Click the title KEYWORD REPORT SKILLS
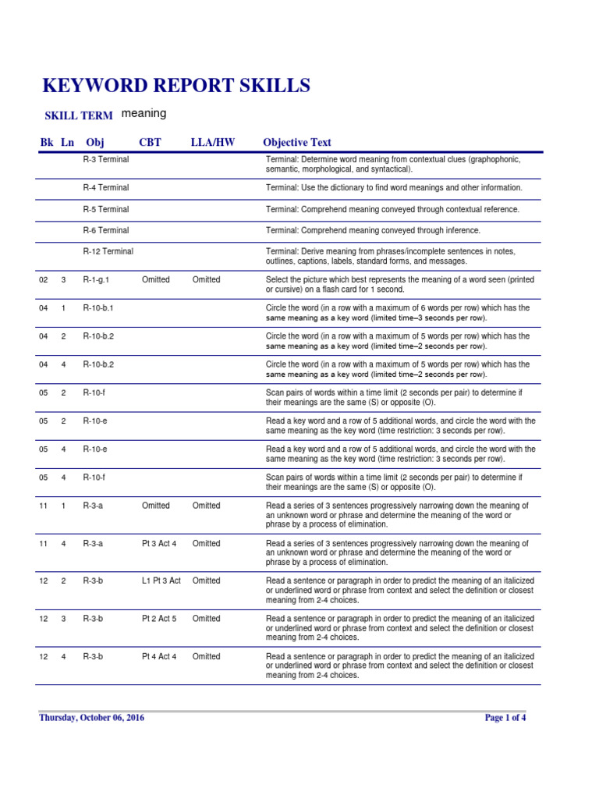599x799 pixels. [175, 86]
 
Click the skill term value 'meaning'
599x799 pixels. [144, 113]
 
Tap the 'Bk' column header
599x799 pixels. [46, 142]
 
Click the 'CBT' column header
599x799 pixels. [151, 142]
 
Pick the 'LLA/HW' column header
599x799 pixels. [212, 142]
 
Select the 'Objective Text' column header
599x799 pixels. [297, 142]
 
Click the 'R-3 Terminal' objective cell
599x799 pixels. [106, 159]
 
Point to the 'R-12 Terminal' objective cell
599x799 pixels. [108, 251]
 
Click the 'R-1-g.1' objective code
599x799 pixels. [97, 279]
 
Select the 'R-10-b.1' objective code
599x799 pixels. [98, 308]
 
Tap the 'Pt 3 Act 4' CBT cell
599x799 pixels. [159, 543]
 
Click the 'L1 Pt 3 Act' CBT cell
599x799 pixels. [161, 581]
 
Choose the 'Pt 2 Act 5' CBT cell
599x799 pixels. [159, 619]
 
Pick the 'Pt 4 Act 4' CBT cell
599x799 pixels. [159, 656]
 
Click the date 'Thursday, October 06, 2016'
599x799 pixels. [91, 718]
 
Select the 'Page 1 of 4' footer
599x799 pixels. [505, 718]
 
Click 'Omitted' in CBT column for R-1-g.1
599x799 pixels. [155, 279]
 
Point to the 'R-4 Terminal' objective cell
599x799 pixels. [106, 187]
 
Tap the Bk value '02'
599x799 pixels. [44, 279]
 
